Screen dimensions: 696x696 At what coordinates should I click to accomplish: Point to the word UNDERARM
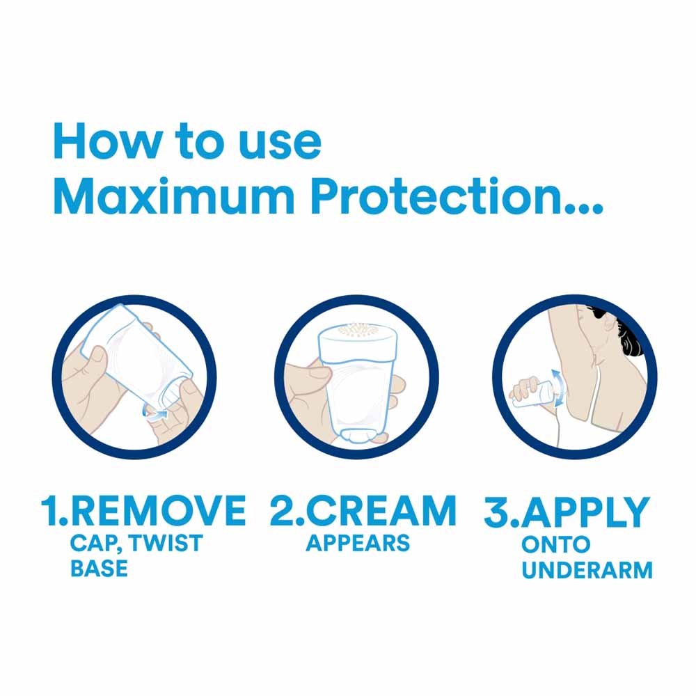click(587, 570)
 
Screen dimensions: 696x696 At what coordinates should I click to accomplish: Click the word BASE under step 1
click(99, 568)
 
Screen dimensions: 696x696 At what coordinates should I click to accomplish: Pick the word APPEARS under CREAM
click(358, 543)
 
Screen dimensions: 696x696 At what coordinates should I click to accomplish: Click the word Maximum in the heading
click(173, 196)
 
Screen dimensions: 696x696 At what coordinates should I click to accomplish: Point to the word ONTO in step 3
click(555, 545)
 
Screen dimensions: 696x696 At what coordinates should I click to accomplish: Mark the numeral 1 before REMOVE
click(49, 511)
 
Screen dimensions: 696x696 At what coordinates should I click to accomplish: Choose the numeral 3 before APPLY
click(496, 512)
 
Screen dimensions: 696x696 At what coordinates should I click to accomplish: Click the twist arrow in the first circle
click(155, 414)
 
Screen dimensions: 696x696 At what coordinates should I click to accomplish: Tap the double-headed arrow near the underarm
click(560, 388)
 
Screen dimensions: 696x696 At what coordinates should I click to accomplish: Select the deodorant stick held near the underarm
click(535, 394)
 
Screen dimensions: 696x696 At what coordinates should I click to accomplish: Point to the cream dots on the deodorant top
click(357, 331)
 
